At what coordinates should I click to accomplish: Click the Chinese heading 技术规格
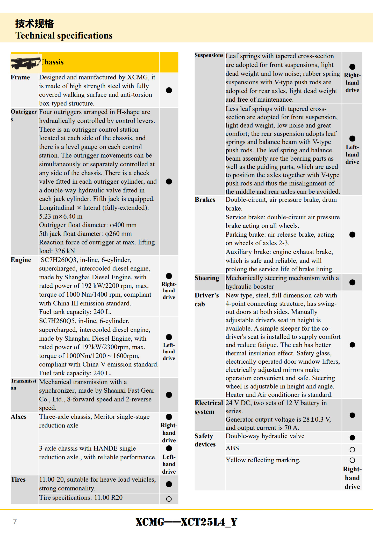pos(34,24)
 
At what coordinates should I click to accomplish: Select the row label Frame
pos(20,77)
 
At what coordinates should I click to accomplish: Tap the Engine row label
pos(21,260)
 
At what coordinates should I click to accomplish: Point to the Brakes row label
pos(205,200)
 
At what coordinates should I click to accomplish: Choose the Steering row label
pos(207,278)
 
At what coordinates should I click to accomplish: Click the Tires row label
pos(18,480)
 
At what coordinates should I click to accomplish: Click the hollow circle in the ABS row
pos(352,450)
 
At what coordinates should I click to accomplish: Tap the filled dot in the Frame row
pos(169,90)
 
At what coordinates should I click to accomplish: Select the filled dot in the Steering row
pos(352,282)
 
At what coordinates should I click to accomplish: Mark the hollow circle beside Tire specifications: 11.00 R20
pos(169,499)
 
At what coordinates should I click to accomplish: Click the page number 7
pos(15,521)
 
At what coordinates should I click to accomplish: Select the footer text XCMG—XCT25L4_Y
pos(186,522)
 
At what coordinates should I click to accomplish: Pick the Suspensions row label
pos(209,55)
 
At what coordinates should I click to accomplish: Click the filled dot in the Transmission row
pos(169,395)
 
